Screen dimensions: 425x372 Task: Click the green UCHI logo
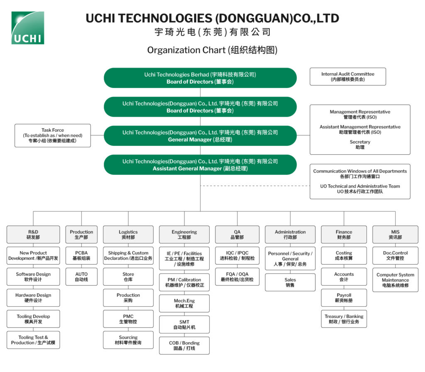28,28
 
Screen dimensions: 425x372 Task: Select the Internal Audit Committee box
348,76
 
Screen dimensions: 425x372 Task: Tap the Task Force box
53,136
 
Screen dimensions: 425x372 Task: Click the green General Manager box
200,136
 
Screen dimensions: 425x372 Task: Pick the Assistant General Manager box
200,165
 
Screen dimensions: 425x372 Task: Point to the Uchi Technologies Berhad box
200,78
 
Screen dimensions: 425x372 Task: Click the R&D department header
33,235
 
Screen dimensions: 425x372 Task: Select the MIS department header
395,235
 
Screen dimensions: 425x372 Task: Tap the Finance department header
344,235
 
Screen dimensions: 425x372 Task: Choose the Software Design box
33,277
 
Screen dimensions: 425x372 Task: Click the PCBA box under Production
81,255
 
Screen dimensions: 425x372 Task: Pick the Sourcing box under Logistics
128,340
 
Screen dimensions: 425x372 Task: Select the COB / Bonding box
184,346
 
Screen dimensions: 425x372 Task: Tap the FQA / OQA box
237,277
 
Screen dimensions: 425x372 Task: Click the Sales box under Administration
290,282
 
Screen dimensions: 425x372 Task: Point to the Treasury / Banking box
344,319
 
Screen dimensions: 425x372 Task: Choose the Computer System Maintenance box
395,280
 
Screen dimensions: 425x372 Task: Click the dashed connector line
255,186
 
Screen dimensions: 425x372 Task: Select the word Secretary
360,142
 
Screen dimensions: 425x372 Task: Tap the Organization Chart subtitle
212,50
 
